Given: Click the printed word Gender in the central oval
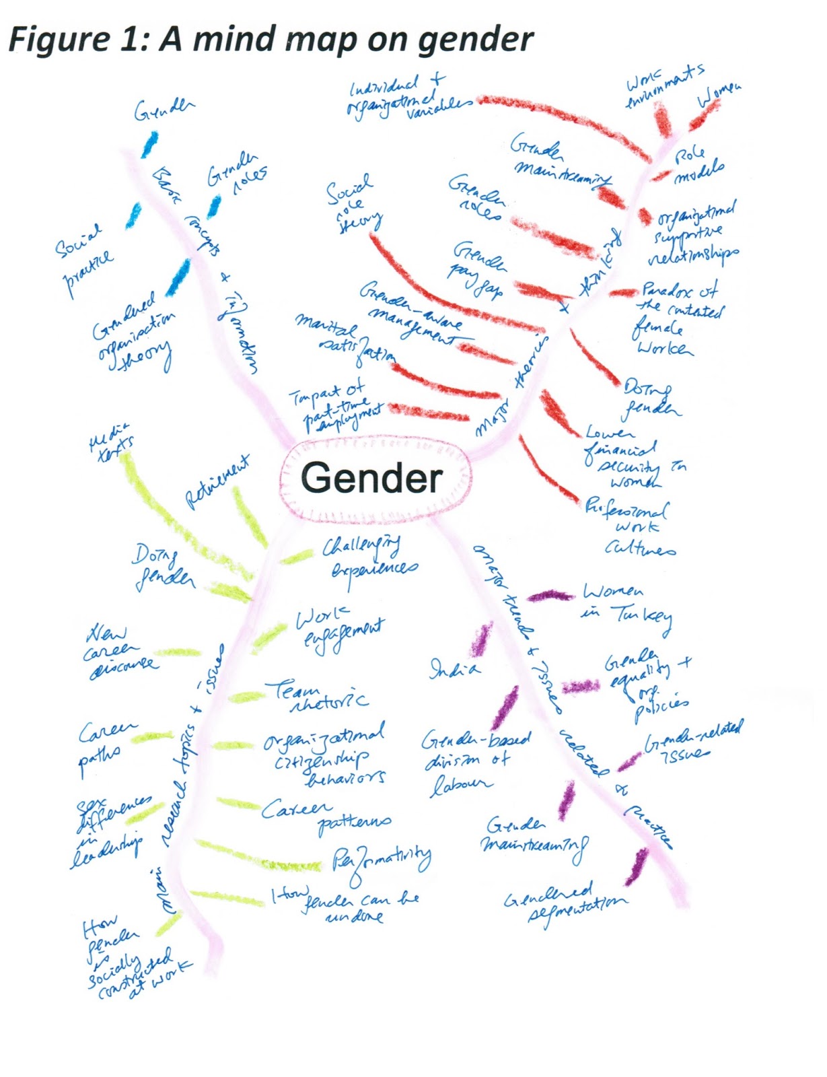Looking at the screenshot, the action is [x=371, y=477].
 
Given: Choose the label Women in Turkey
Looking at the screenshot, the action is [x=626, y=606].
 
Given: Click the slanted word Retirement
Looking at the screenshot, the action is [x=217, y=482].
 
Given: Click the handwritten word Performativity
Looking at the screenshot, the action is [x=382, y=862].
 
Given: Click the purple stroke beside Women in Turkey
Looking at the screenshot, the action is [x=550, y=596].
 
